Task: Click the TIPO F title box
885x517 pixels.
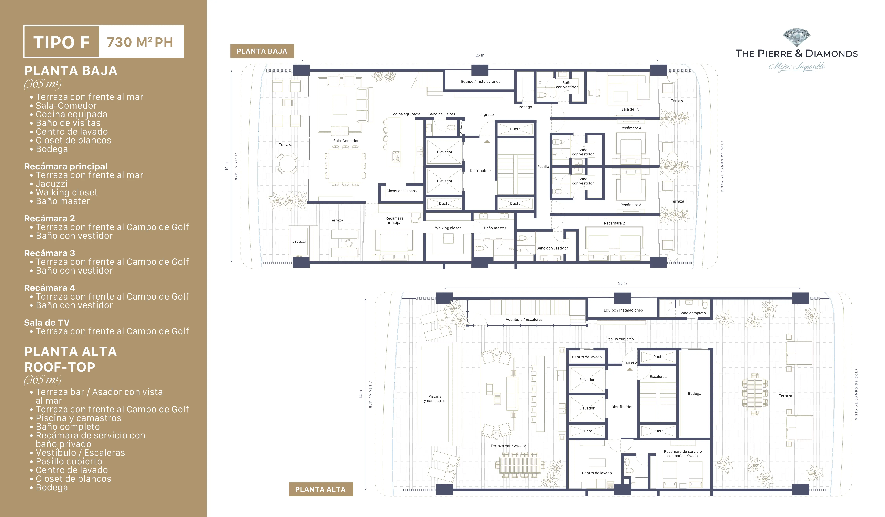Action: [x=61, y=42]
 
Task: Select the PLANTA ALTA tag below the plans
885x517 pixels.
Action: [x=320, y=489]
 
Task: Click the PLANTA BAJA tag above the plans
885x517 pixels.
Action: [x=262, y=51]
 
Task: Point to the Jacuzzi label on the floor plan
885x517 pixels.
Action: [x=299, y=241]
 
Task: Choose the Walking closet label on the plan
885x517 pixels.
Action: [x=448, y=228]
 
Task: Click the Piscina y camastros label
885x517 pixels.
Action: [x=435, y=398]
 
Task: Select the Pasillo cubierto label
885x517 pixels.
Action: [x=620, y=339]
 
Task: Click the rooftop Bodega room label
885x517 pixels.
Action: [x=694, y=393]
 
